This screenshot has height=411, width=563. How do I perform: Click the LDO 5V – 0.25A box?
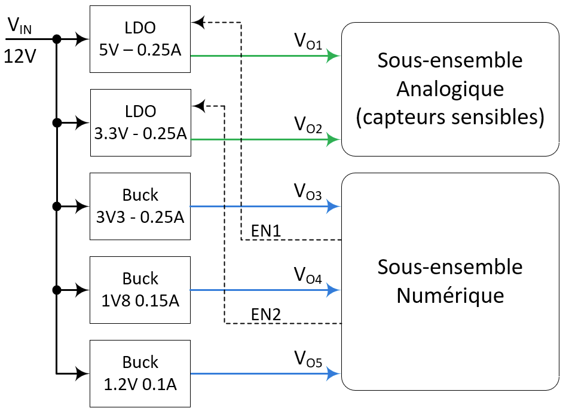[140, 39]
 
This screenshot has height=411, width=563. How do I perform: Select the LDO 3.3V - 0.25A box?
[140, 123]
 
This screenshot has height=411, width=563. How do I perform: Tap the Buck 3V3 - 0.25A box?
[140, 207]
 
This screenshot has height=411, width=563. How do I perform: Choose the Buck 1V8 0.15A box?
[140, 290]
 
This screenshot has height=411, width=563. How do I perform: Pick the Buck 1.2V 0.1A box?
[140, 374]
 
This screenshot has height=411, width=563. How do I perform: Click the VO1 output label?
[308, 42]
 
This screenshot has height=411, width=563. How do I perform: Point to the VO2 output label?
[308, 125]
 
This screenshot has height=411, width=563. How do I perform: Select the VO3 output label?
[308, 192]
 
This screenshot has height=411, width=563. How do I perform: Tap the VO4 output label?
[308, 276]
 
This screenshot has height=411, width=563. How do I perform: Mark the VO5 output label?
[308, 360]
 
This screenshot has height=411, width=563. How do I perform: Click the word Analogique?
[449, 89]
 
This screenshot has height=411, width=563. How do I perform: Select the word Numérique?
[449, 296]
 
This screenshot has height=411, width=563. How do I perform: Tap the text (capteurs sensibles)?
[449, 118]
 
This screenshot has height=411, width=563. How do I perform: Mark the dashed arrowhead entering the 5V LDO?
[198, 23]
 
